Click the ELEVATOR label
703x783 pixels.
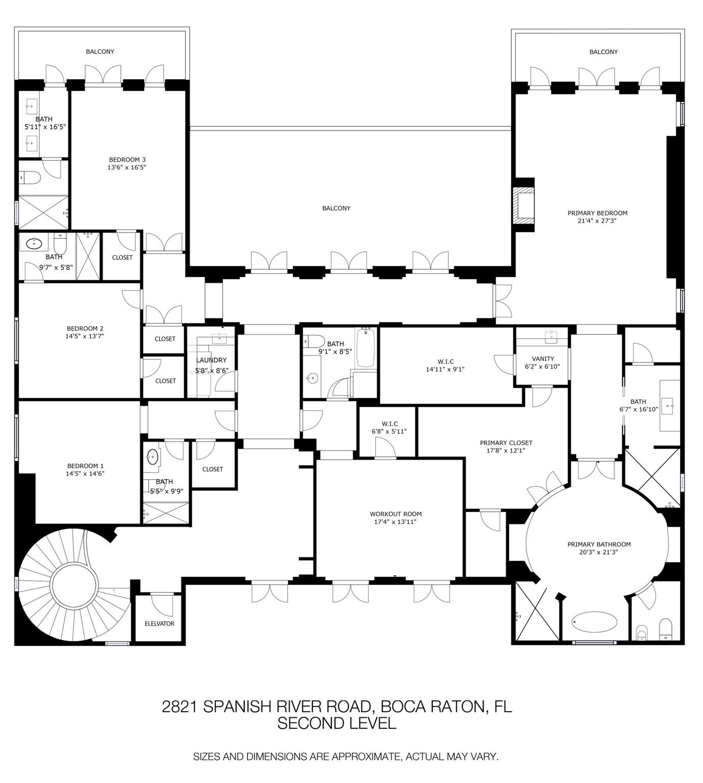(159, 623)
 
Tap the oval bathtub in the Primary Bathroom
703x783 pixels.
(595, 621)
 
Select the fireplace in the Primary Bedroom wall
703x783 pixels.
(524, 205)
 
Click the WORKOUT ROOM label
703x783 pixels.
(396, 514)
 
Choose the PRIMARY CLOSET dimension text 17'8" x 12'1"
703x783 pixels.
(506, 450)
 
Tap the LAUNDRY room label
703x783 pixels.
(211, 360)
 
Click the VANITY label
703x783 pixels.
(542, 359)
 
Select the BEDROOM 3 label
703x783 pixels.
(127, 160)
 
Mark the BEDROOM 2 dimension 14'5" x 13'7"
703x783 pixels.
(85, 336)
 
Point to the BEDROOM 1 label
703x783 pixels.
(86, 466)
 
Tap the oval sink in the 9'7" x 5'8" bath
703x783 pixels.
(34, 244)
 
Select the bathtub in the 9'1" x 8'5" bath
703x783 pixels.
(365, 348)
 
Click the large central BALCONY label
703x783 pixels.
(336, 208)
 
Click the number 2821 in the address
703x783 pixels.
(180, 707)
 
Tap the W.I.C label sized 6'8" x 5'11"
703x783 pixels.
(389, 424)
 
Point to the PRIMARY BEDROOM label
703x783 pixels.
(597, 213)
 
